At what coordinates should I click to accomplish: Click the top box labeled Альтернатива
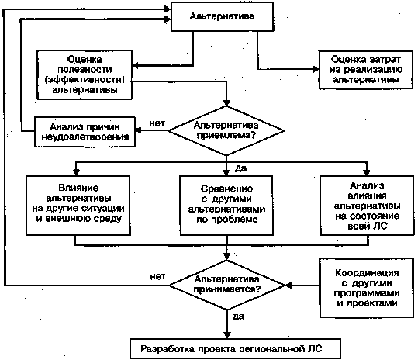coord(222,16)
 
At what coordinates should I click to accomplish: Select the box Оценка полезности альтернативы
coord(85,75)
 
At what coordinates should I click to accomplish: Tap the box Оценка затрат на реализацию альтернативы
coord(366,70)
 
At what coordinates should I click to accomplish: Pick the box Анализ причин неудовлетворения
coord(85,132)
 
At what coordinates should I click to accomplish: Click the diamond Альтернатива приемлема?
coord(226,130)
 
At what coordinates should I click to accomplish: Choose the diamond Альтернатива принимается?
coord(227,285)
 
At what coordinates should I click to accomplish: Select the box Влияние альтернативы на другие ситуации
coord(78,206)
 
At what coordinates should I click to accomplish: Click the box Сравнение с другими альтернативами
coord(226,206)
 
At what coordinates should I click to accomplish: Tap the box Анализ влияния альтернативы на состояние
coord(367,206)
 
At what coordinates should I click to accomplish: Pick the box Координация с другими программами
coord(367,288)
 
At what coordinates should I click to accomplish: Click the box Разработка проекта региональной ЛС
coord(235,349)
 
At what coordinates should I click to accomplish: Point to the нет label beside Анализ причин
coord(157,123)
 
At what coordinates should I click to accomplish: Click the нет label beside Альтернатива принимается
coord(158,277)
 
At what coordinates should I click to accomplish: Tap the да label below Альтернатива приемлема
coord(240,168)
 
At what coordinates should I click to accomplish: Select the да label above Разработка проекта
coord(238,317)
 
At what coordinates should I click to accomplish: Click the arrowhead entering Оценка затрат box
coord(316,69)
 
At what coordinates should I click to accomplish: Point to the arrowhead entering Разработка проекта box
coord(227,335)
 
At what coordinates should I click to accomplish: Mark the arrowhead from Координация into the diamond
coord(288,285)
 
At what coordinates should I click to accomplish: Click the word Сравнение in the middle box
coord(226,189)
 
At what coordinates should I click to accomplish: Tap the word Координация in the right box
coord(367,273)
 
